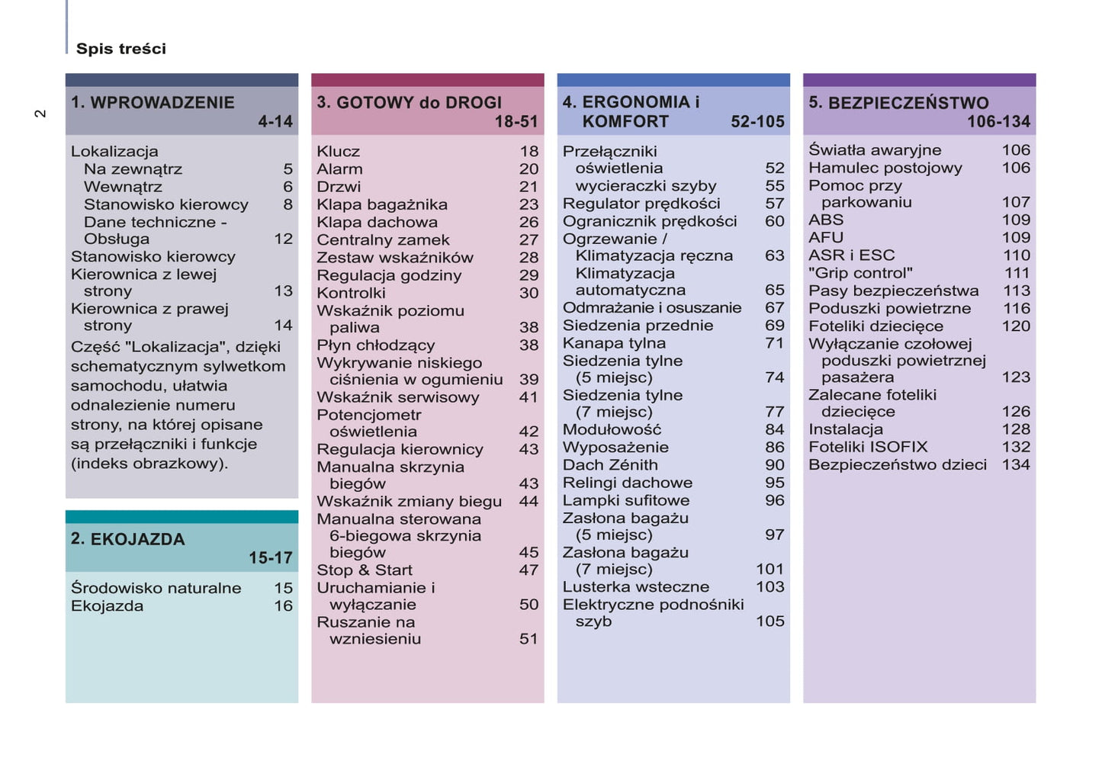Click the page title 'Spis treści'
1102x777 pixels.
[x=120, y=49]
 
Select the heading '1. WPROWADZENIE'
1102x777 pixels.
[x=153, y=103]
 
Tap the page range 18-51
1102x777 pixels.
[x=516, y=121]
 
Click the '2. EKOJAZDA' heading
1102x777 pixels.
[x=128, y=539]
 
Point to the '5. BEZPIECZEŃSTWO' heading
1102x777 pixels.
[x=898, y=103]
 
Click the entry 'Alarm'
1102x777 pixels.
[x=339, y=169]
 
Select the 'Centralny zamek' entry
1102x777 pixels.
[x=383, y=239]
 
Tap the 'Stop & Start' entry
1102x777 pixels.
[x=365, y=570]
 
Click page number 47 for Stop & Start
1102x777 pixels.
[x=529, y=570]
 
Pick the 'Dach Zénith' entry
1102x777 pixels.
[x=610, y=465]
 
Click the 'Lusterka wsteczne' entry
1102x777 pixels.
[x=636, y=587]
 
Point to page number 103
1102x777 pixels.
[x=769, y=587]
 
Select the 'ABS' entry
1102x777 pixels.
[x=826, y=220]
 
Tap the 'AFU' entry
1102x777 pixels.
[x=826, y=238]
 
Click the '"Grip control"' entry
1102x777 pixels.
[x=860, y=273]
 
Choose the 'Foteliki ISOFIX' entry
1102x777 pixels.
[x=868, y=447]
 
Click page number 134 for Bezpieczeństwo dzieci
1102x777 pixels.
[x=1016, y=464]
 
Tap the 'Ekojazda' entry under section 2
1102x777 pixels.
[x=107, y=606]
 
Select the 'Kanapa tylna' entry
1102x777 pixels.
[x=614, y=343]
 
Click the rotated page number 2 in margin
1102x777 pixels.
[x=40, y=114]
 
